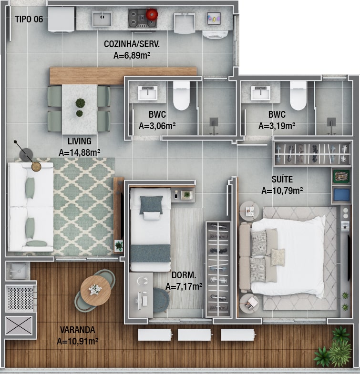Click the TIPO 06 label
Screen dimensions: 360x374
point(29,20)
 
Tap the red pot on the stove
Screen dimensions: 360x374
point(151,14)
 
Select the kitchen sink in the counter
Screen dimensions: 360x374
point(102,19)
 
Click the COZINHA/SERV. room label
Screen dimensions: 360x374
point(132,44)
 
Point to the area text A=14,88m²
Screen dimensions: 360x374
point(80,152)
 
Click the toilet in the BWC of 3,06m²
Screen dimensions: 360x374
point(181,95)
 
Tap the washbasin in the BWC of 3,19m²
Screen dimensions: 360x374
point(261,93)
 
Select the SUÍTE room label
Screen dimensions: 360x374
point(282,179)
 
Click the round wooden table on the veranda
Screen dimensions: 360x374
point(95,291)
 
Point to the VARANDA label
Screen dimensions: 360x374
point(78,330)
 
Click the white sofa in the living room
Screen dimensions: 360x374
point(31,207)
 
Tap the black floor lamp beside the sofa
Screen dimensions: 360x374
point(26,154)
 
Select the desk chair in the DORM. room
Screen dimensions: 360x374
point(161,300)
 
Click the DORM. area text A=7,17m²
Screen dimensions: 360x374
point(184,286)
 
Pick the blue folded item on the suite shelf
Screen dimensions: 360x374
point(341,195)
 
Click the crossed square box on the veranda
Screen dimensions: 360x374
point(19,325)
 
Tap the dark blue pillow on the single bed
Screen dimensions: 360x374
point(151,205)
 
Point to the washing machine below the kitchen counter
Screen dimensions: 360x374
point(215,34)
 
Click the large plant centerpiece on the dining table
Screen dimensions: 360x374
point(80,103)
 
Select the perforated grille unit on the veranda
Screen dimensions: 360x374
point(21,298)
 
